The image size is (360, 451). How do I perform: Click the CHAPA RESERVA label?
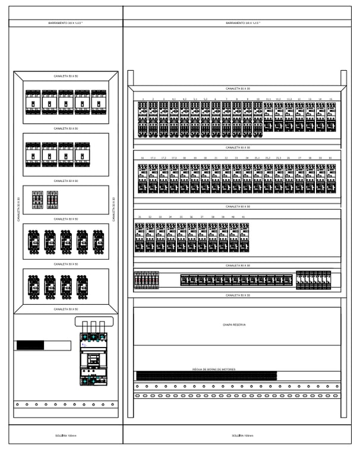(234, 325)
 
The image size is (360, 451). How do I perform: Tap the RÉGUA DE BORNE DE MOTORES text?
(214, 369)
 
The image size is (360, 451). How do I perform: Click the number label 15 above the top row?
(330, 99)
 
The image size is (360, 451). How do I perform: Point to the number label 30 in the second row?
(330, 158)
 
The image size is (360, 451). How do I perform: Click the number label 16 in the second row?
(143, 158)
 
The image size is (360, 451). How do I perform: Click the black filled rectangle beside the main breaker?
(30, 345)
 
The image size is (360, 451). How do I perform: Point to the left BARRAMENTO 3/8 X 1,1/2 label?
(65, 23)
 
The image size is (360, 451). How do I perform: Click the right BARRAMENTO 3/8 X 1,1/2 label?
(242, 23)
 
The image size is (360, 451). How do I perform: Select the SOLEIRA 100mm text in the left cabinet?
(66, 436)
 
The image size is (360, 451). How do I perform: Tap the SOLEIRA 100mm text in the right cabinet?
(242, 436)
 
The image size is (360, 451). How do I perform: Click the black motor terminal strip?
(206, 376)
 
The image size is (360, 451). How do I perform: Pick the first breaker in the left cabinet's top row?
(33, 102)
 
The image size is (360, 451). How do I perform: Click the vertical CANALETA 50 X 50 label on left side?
(18, 209)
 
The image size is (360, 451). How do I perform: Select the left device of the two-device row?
(37, 200)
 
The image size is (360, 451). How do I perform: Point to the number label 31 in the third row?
(140, 217)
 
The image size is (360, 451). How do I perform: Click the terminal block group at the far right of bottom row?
(314, 280)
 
